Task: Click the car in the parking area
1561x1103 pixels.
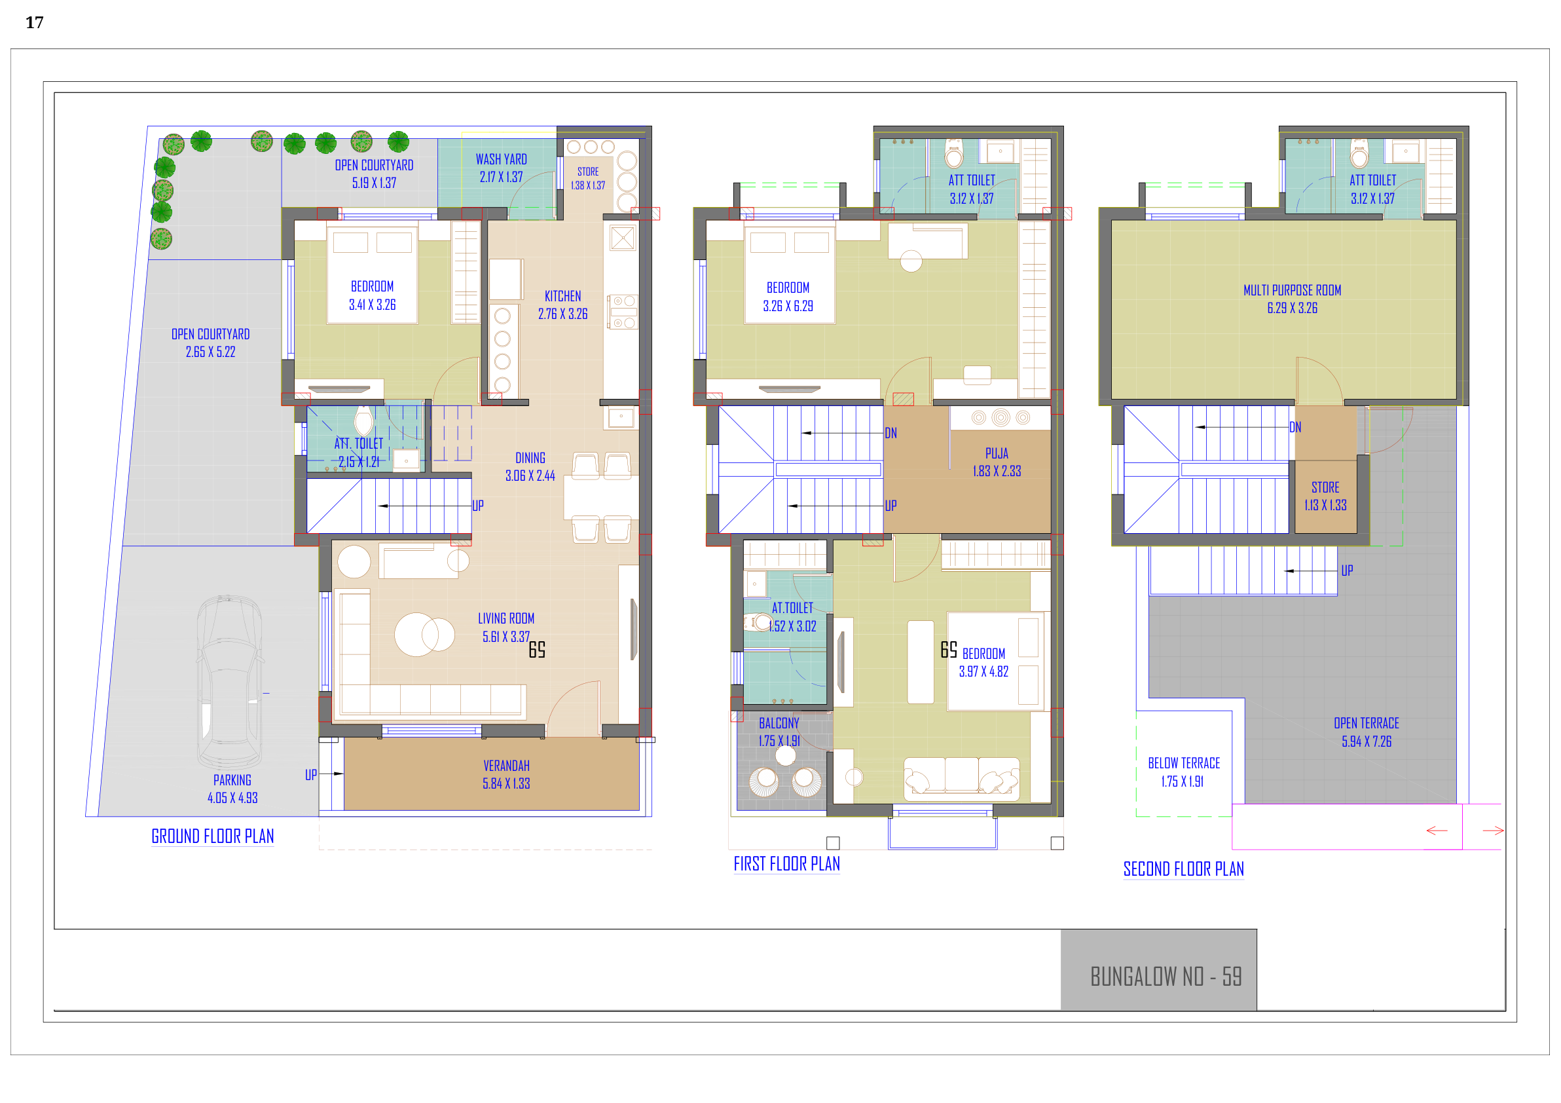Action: click(x=230, y=682)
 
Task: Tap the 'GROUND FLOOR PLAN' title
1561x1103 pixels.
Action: click(x=213, y=836)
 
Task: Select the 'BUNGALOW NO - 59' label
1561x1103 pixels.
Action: click(x=1166, y=977)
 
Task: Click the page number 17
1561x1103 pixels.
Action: click(x=35, y=22)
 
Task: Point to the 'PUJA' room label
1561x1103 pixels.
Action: click(x=997, y=453)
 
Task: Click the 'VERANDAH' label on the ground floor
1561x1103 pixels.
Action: click(x=507, y=766)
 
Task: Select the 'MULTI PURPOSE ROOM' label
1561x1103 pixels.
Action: click(x=1292, y=290)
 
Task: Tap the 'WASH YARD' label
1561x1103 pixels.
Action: click(x=501, y=159)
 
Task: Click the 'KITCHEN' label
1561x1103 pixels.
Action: click(x=563, y=296)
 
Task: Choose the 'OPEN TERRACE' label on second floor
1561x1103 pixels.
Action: click(x=1367, y=723)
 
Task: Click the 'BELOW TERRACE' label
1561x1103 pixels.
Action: click(x=1184, y=763)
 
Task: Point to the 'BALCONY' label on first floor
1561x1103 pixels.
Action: click(x=779, y=723)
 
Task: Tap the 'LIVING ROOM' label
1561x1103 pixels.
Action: click(x=506, y=618)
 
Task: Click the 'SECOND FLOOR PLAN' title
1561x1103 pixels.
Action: click(x=1184, y=869)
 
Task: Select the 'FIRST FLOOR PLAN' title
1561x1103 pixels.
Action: click(x=786, y=864)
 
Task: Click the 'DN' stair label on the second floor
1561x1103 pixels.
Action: click(x=1295, y=427)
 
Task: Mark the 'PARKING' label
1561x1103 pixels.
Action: click(x=232, y=780)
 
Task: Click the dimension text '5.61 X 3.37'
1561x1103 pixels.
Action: click(x=506, y=637)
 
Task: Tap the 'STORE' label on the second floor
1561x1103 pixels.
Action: click(x=1325, y=487)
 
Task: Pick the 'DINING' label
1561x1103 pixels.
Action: click(x=530, y=458)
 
